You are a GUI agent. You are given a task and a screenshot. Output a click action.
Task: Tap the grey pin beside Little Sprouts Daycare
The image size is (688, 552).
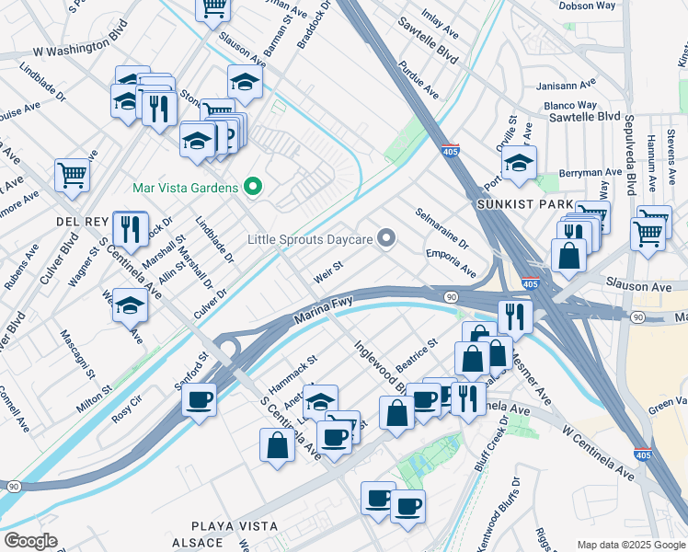click(x=386, y=239)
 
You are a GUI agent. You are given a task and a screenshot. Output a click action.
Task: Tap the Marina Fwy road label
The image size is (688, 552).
click(x=324, y=310)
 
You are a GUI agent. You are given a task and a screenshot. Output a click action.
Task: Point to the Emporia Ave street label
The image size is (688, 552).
click(x=451, y=261)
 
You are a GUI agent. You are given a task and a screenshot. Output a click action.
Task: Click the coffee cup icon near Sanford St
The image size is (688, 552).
click(x=199, y=399)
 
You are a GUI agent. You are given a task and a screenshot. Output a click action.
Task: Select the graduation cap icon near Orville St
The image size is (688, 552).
click(x=519, y=163)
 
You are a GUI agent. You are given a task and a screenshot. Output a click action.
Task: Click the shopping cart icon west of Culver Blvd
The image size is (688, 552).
click(x=72, y=173)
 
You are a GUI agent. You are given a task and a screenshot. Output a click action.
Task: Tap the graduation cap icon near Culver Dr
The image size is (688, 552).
click(x=131, y=305)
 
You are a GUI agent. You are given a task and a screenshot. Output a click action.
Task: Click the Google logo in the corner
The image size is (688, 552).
click(x=30, y=541)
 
